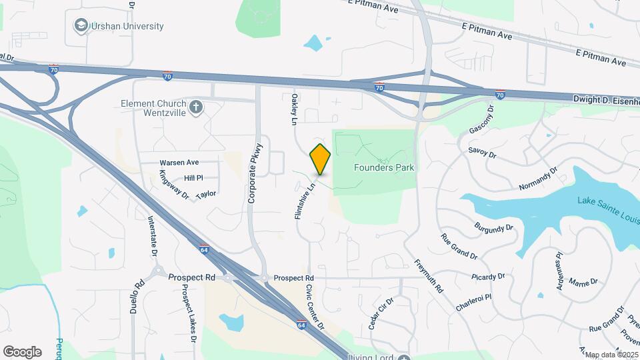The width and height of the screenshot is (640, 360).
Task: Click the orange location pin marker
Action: (320, 159)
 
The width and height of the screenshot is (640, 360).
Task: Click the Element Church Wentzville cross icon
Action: (196, 107)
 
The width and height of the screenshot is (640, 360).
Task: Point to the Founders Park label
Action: (384, 167)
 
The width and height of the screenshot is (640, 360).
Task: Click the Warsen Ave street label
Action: (179, 163)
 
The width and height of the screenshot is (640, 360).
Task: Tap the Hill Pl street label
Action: (193, 178)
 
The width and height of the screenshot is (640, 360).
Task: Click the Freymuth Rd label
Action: (429, 276)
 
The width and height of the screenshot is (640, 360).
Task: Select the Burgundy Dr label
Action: (494, 227)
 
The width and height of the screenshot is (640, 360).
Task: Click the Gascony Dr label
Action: (482, 119)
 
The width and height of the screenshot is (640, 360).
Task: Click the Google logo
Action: (22, 351)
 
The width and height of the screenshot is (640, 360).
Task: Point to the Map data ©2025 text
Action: (611, 355)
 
